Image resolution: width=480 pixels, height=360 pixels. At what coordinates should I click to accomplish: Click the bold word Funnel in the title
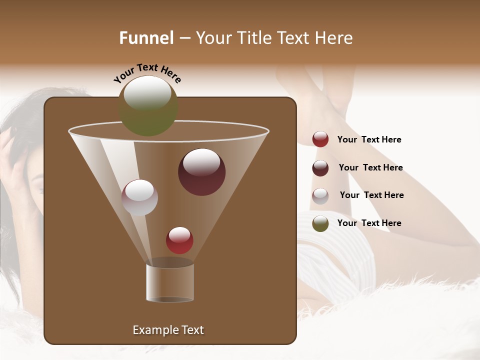(146, 38)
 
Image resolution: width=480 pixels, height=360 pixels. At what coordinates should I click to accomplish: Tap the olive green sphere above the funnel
(148, 106)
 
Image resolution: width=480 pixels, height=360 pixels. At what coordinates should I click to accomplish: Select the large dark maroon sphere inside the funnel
(201, 171)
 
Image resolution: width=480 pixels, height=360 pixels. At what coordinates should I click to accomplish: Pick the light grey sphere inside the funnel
(139, 197)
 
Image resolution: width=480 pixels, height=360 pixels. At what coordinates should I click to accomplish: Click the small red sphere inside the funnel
(179, 240)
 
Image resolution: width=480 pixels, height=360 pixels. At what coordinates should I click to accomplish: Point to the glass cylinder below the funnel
(170, 282)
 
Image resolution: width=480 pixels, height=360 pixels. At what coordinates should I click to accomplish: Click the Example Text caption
(168, 330)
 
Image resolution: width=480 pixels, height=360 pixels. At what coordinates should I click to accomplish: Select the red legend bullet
(320, 139)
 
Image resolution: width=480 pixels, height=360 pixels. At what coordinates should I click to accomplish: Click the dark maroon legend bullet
(320, 168)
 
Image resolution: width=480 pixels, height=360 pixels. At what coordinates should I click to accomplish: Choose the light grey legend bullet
(320, 196)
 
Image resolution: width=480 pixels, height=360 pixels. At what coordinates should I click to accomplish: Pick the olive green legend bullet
(320, 223)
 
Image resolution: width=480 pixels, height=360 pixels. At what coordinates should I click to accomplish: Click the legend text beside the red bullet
(369, 140)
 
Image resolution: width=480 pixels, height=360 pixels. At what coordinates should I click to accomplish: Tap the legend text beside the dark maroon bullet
(370, 168)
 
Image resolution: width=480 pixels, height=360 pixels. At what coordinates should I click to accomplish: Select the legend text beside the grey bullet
(371, 195)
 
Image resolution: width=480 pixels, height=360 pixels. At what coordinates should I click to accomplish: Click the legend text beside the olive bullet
(369, 223)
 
